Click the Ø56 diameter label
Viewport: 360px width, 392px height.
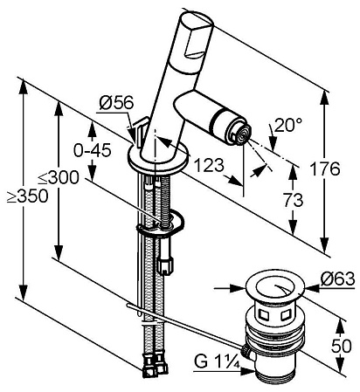pos(116,103)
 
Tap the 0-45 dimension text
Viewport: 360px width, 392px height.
pos(93,150)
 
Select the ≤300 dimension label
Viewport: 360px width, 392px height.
pos(59,177)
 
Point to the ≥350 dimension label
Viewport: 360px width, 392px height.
pos(27,196)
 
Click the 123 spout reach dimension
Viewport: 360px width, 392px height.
pos(209,165)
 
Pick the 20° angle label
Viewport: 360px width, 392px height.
pos(287,125)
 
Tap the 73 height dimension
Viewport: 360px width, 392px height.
pos(293,200)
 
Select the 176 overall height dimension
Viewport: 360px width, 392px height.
pos(324,168)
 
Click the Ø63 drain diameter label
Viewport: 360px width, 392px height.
pos(338,279)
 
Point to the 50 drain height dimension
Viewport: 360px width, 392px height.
pos(342,347)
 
